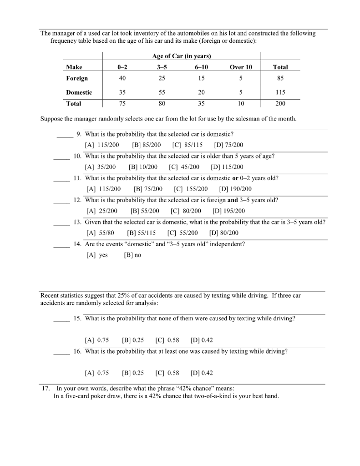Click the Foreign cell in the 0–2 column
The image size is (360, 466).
pos(122,78)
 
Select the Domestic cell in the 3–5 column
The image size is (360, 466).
pos(162,92)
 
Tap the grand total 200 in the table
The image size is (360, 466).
pos(280,104)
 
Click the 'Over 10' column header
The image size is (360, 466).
pos(241,67)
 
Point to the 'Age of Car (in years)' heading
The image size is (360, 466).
pos(182,56)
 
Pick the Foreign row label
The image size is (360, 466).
pos(77,78)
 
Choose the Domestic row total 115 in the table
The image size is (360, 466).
pos(280,92)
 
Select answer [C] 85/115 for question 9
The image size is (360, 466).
pos(188,145)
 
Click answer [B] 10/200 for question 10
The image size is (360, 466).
pos(143,167)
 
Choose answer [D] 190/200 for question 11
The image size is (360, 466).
pos(235,189)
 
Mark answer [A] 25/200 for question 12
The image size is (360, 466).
pos(102,211)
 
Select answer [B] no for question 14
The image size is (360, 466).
pos(132,255)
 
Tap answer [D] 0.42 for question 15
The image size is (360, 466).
pos(202,340)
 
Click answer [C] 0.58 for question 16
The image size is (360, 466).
pos(167,373)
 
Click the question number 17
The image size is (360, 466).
pos(46,389)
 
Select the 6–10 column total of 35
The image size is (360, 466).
pos(201,104)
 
